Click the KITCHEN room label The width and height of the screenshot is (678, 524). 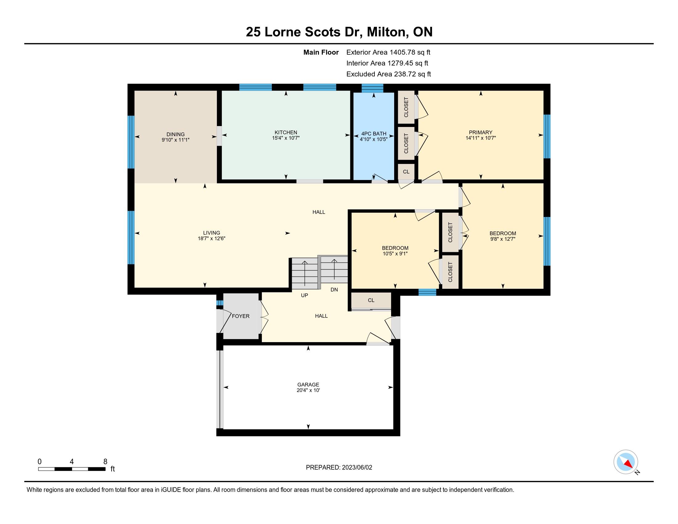286,132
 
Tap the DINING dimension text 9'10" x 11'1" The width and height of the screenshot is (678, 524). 175,140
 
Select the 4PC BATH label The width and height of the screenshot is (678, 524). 374,134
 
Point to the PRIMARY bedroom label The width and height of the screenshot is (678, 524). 480,132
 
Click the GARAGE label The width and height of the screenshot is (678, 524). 308,385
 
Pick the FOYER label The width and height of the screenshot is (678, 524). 241,316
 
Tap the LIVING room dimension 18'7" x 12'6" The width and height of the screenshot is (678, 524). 211,238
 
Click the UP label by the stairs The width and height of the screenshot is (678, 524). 304,295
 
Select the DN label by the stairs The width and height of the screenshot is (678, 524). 334,290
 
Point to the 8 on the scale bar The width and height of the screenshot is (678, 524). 105,461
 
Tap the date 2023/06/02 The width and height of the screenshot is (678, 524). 357,468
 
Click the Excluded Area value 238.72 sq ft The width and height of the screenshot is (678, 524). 412,74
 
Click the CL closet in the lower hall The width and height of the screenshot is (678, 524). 371,300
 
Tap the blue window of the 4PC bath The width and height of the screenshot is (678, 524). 373,88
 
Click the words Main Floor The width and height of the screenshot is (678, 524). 321,52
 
